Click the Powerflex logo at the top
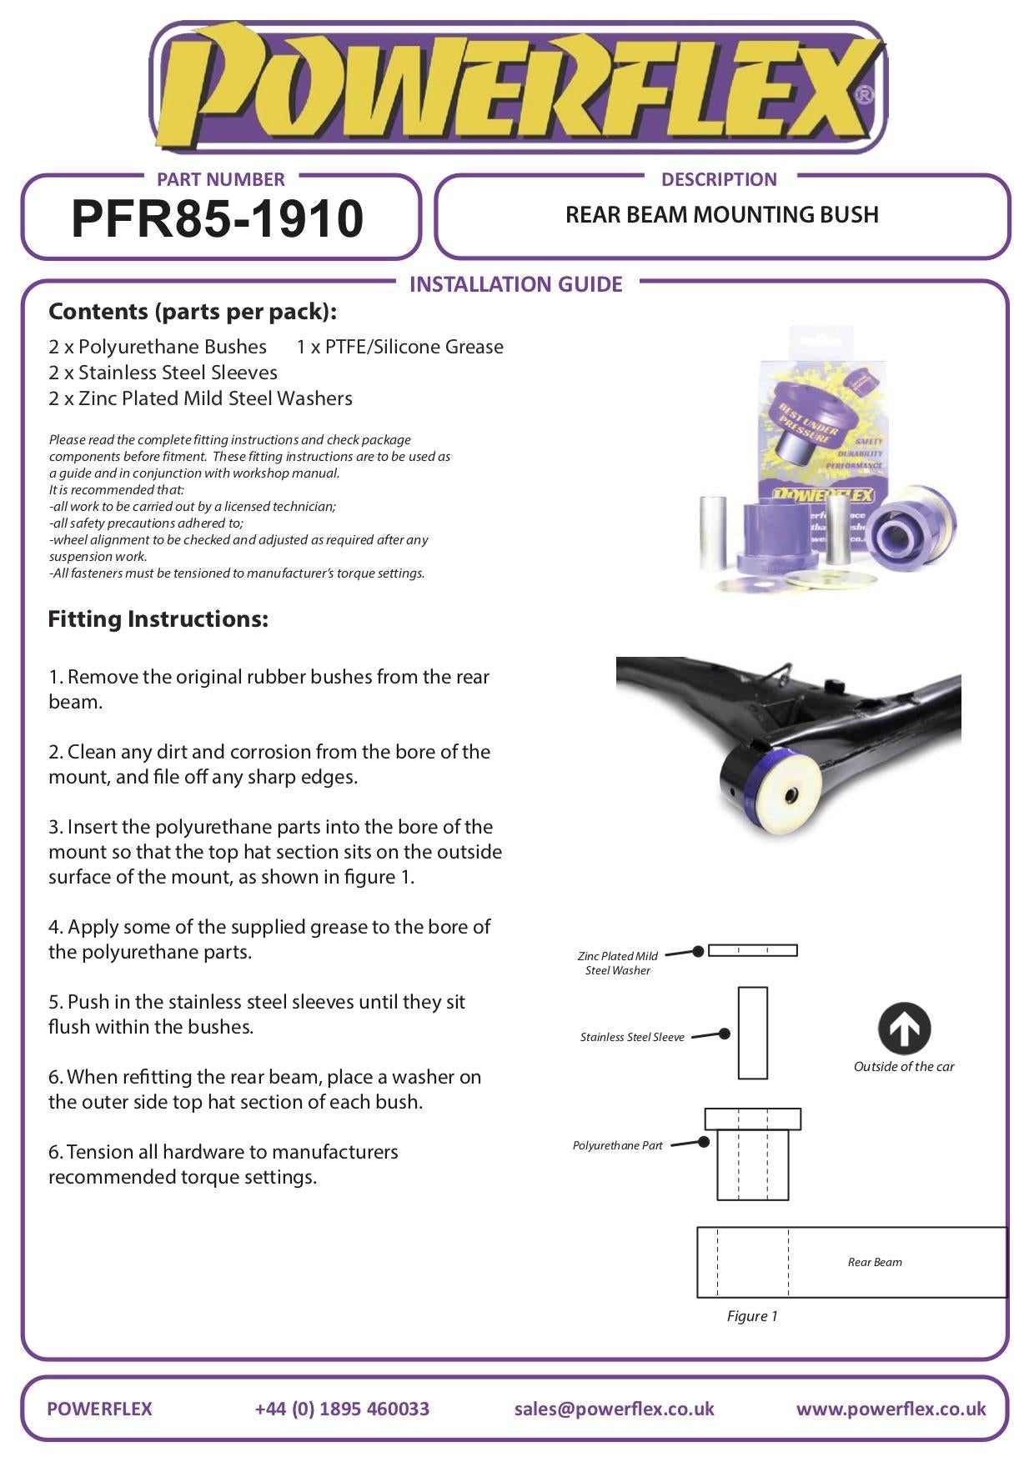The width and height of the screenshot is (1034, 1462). [517, 88]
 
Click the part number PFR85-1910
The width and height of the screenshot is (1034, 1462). [218, 218]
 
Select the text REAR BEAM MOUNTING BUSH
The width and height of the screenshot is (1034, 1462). [721, 215]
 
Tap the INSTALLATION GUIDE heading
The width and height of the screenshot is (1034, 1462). [515, 284]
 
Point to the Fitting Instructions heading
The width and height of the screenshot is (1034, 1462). [158, 619]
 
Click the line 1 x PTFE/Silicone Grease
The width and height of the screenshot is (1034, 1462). [399, 347]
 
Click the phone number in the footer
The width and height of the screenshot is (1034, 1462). [342, 1409]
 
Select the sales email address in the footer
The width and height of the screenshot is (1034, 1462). [614, 1409]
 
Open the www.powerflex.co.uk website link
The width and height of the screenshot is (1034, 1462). [891, 1409]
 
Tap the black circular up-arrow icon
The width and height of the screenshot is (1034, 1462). [904, 1029]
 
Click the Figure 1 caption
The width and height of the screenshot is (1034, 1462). [751, 1316]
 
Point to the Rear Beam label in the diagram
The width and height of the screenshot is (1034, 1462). [875, 1262]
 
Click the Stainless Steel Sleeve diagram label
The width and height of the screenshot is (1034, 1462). [632, 1037]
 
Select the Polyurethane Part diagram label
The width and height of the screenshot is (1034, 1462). [617, 1145]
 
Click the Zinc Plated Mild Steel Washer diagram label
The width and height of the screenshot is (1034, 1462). [618, 963]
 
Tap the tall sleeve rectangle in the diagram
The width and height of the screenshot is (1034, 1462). [752, 1033]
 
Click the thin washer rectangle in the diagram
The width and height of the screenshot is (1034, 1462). [752, 950]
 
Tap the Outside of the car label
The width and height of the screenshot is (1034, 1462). [904, 1066]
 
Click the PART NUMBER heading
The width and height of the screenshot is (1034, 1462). [220, 179]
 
